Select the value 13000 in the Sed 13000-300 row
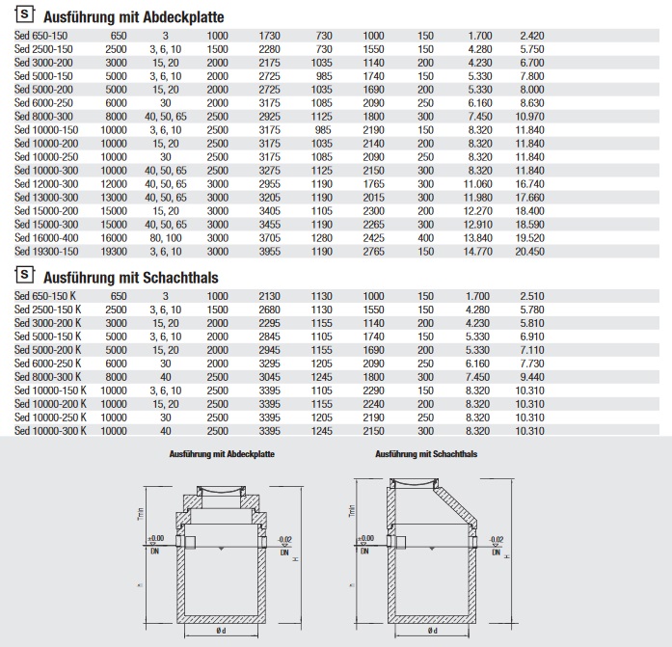[x=114, y=197]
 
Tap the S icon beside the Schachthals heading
[x=25, y=278]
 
